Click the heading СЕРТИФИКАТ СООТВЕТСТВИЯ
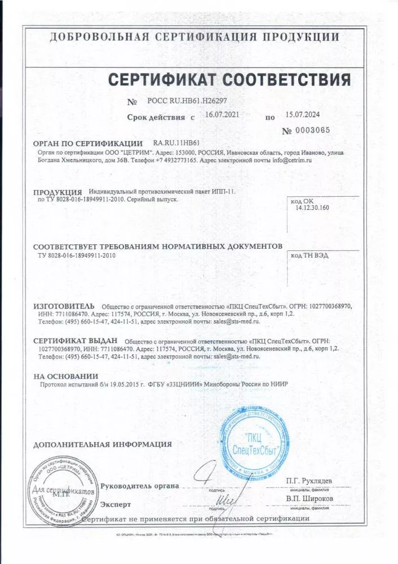pyautogui.click(x=229, y=78)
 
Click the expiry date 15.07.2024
pyautogui.click(x=302, y=115)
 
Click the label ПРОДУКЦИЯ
pyautogui.click(x=58, y=192)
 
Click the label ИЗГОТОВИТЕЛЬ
pyautogui.click(x=64, y=306)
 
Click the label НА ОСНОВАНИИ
pyautogui.click(x=65, y=376)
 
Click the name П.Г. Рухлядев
pyautogui.click(x=309, y=480)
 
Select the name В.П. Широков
pyautogui.click(x=309, y=499)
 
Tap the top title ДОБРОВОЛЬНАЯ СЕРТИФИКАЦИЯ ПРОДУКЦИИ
pyautogui.click(x=194, y=37)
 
